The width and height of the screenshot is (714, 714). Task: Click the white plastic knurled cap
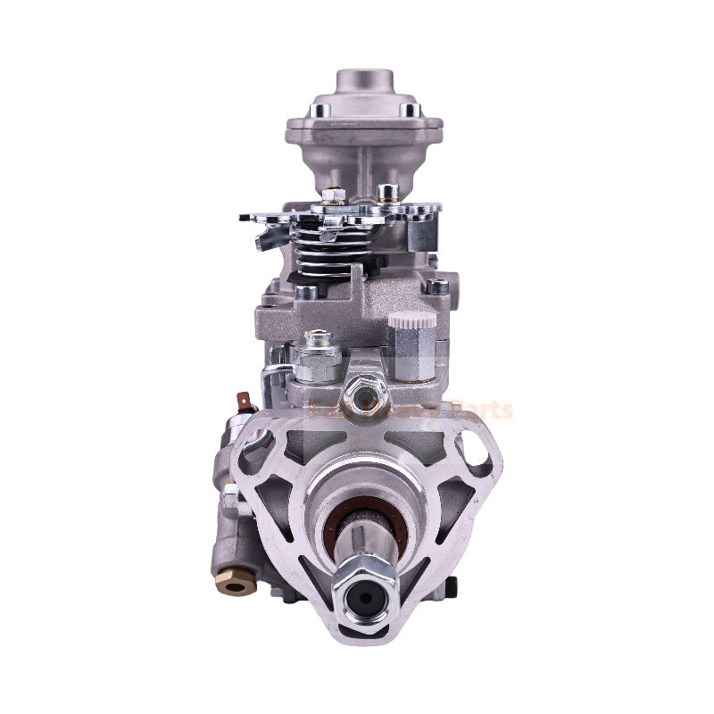click(412, 320)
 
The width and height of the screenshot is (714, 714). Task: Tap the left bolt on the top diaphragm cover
click(317, 111)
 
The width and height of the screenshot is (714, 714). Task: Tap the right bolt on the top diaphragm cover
click(410, 110)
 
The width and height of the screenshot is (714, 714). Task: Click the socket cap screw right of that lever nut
click(386, 192)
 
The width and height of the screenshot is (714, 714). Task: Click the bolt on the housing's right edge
click(437, 287)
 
